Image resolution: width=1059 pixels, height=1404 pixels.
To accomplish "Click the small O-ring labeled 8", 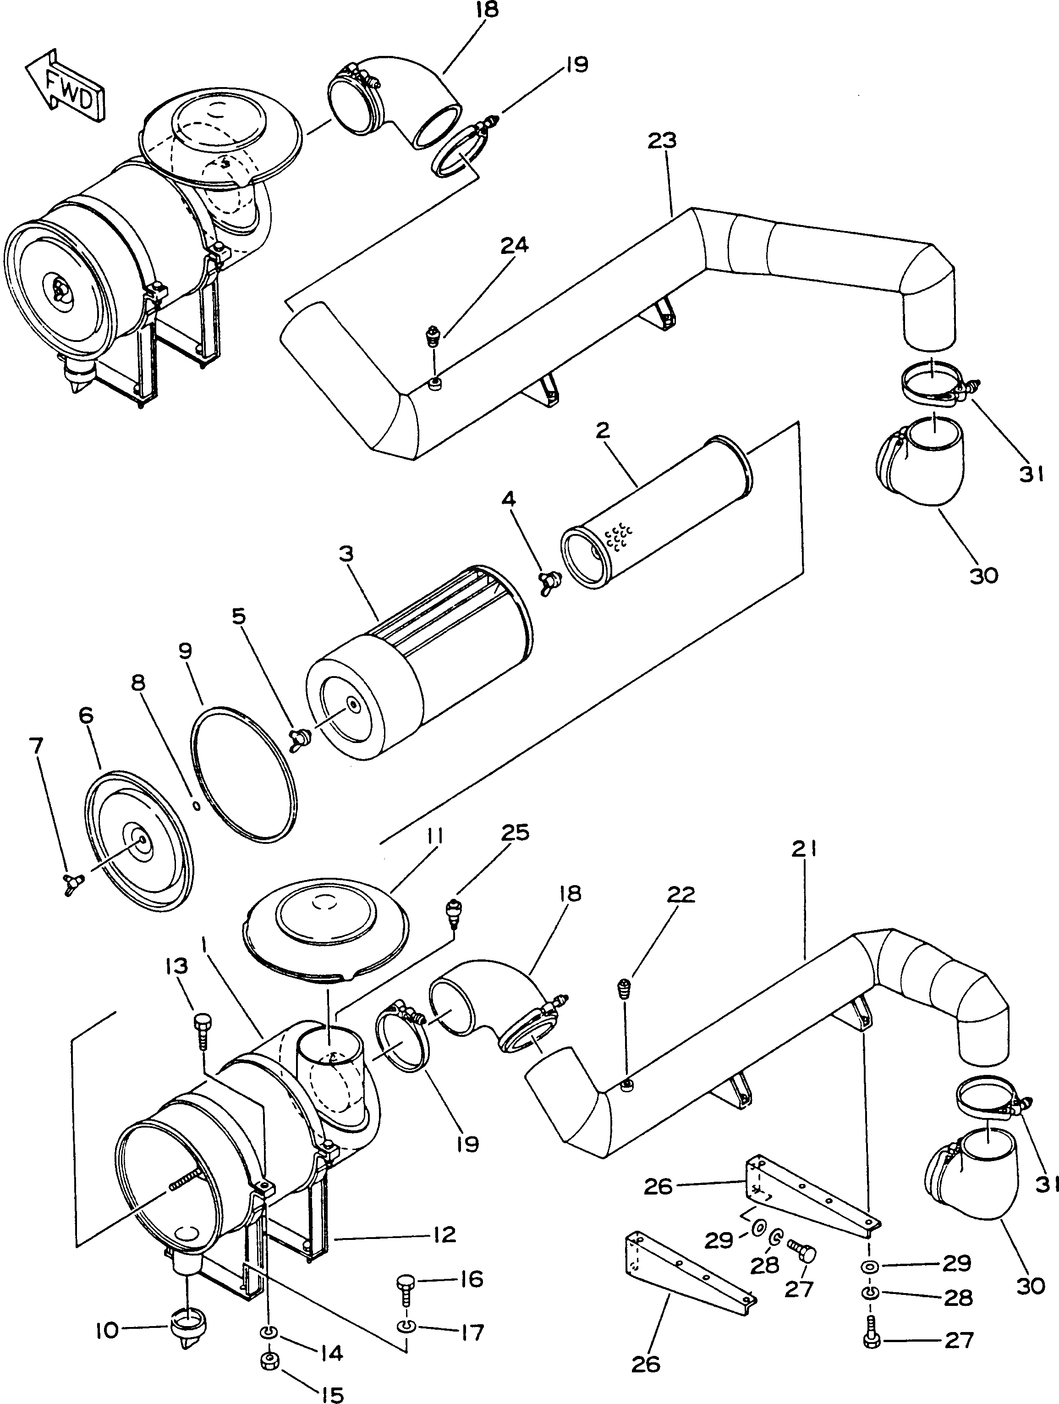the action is [196, 806].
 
